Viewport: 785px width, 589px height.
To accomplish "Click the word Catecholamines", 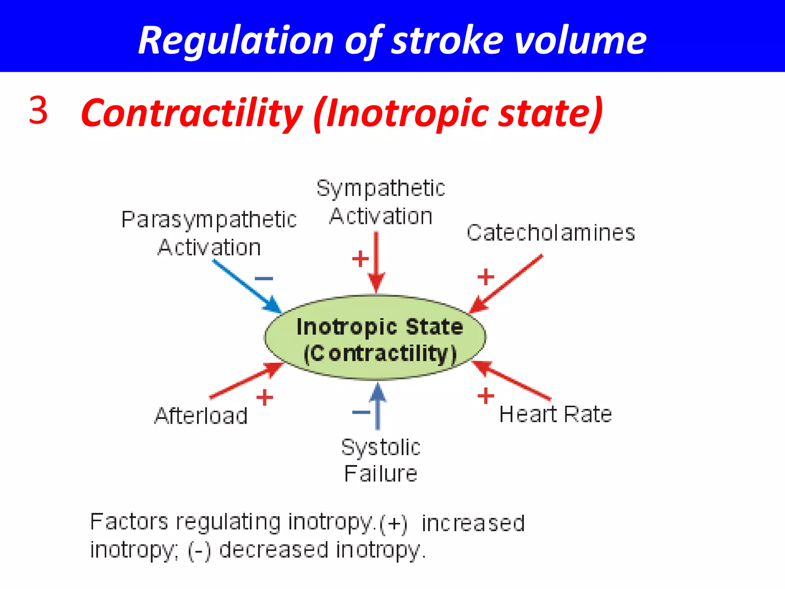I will (x=550, y=233).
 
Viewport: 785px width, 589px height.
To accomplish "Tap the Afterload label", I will (x=201, y=416).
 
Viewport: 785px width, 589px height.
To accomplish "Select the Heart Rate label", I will (x=555, y=415).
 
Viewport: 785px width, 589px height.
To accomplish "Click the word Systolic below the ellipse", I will (x=381, y=448).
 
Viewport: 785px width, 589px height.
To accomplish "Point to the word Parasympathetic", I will (x=209, y=220).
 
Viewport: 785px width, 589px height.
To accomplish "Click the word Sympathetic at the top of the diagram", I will (x=381, y=189).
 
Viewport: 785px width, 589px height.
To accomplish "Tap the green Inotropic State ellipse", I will (x=375, y=338).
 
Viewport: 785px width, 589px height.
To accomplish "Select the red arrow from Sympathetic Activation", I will (x=376, y=261).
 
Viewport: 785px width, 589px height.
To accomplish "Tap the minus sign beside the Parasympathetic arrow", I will (x=264, y=278).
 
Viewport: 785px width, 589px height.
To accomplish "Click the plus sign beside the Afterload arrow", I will (x=264, y=397).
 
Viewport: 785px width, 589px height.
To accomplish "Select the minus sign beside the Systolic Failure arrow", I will (x=361, y=413).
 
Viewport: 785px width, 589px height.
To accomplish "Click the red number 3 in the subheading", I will (x=38, y=110).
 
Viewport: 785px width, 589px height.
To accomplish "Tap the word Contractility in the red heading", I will (x=192, y=113).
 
